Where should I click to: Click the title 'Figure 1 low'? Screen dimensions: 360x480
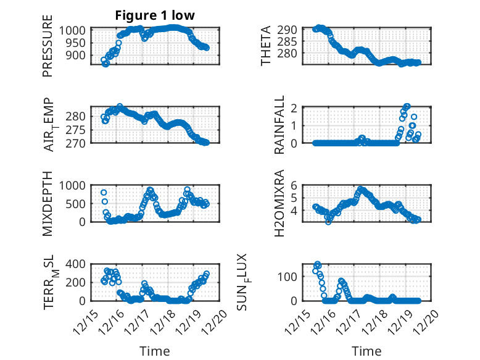coord(155,16)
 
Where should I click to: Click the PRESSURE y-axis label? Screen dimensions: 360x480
coord(48,51)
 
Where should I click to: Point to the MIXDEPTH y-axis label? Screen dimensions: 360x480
coord(48,203)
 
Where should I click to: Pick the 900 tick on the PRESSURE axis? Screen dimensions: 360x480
coord(80,55)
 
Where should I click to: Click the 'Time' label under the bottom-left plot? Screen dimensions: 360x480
coord(155,351)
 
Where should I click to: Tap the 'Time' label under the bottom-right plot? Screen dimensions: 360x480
coord(366,351)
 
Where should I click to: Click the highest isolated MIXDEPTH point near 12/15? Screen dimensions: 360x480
coord(104,193)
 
